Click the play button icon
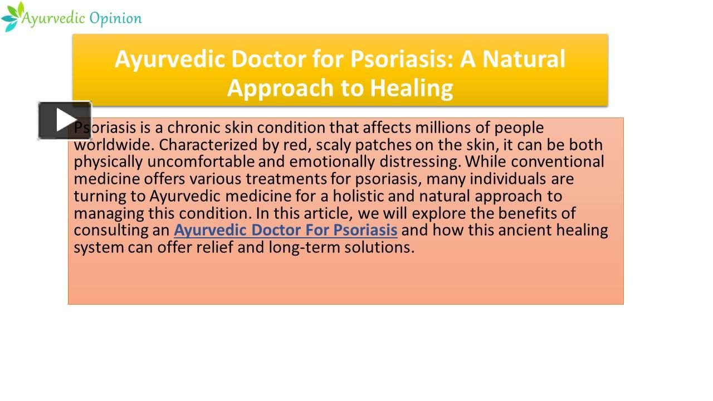(x=65, y=120)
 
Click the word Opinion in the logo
(x=115, y=18)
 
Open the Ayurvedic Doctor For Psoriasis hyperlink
(x=285, y=230)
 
